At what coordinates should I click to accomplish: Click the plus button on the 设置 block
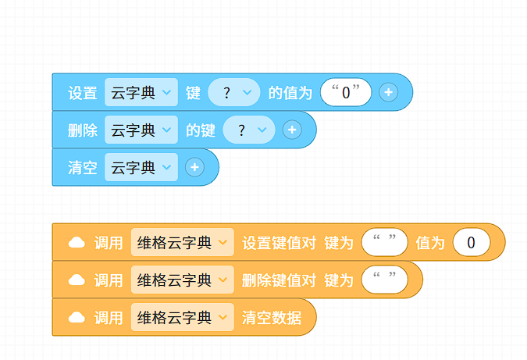(x=389, y=92)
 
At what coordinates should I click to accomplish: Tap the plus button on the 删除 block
(x=292, y=130)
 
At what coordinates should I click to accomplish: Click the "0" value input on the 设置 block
(x=346, y=92)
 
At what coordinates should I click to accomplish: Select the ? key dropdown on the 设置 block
(x=234, y=92)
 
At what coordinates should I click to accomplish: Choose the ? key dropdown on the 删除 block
(x=249, y=130)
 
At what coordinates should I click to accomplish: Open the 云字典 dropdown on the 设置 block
(x=141, y=92)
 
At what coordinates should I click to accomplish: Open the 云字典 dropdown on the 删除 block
(x=141, y=130)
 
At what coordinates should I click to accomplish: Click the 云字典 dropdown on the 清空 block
(x=141, y=167)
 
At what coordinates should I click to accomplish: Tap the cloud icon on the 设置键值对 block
(x=77, y=242)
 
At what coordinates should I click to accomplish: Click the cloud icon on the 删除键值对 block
(x=77, y=280)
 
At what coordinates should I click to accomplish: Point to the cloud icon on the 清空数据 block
(x=77, y=317)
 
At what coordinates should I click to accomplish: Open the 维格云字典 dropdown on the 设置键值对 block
(x=183, y=242)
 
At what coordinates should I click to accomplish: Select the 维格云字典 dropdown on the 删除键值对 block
(x=183, y=280)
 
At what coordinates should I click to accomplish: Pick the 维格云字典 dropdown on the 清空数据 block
(x=183, y=317)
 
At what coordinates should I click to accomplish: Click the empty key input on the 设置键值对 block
(x=384, y=242)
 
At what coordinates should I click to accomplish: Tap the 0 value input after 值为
(x=472, y=242)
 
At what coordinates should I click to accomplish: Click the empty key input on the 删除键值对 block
(x=384, y=280)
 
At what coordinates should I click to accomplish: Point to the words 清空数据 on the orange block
(x=272, y=318)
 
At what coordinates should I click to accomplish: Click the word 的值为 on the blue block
(x=290, y=93)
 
